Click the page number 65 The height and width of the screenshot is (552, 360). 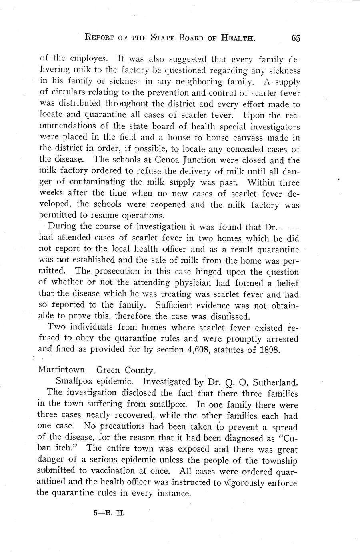coord(296,38)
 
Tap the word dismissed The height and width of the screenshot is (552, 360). coord(227,316)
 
